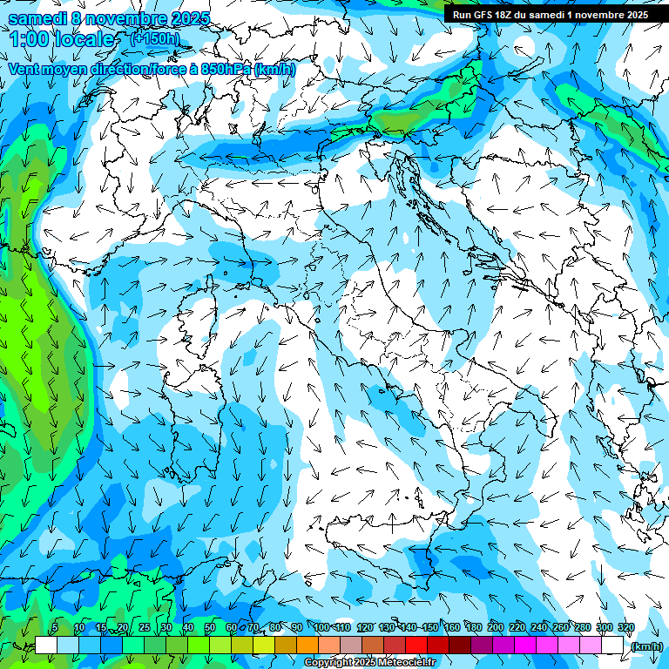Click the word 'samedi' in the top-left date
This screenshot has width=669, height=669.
pyautogui.click(x=37, y=17)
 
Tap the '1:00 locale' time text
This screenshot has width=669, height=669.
pyautogui.click(x=63, y=39)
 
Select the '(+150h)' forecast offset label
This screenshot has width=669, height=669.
pyautogui.click(x=155, y=38)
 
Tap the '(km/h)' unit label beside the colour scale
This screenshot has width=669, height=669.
pyautogui.click(x=646, y=645)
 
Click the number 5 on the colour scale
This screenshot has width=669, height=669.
pyautogui.click(x=55, y=627)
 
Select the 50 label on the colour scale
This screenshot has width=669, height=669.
pyautogui.click(x=210, y=627)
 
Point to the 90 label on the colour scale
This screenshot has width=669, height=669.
pyautogui.click(x=297, y=627)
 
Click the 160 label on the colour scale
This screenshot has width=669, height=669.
pyautogui.click(x=452, y=627)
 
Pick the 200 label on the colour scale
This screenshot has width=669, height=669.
pyautogui.click(x=496, y=627)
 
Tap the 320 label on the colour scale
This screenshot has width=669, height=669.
pyautogui.click(x=626, y=627)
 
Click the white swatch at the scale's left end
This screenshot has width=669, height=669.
pyautogui.click(x=46, y=645)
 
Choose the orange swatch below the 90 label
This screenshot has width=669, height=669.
pyautogui.click(x=307, y=645)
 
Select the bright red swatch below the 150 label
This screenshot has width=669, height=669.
pyautogui.click(x=416, y=645)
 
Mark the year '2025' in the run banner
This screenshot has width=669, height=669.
pyautogui.click(x=634, y=15)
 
